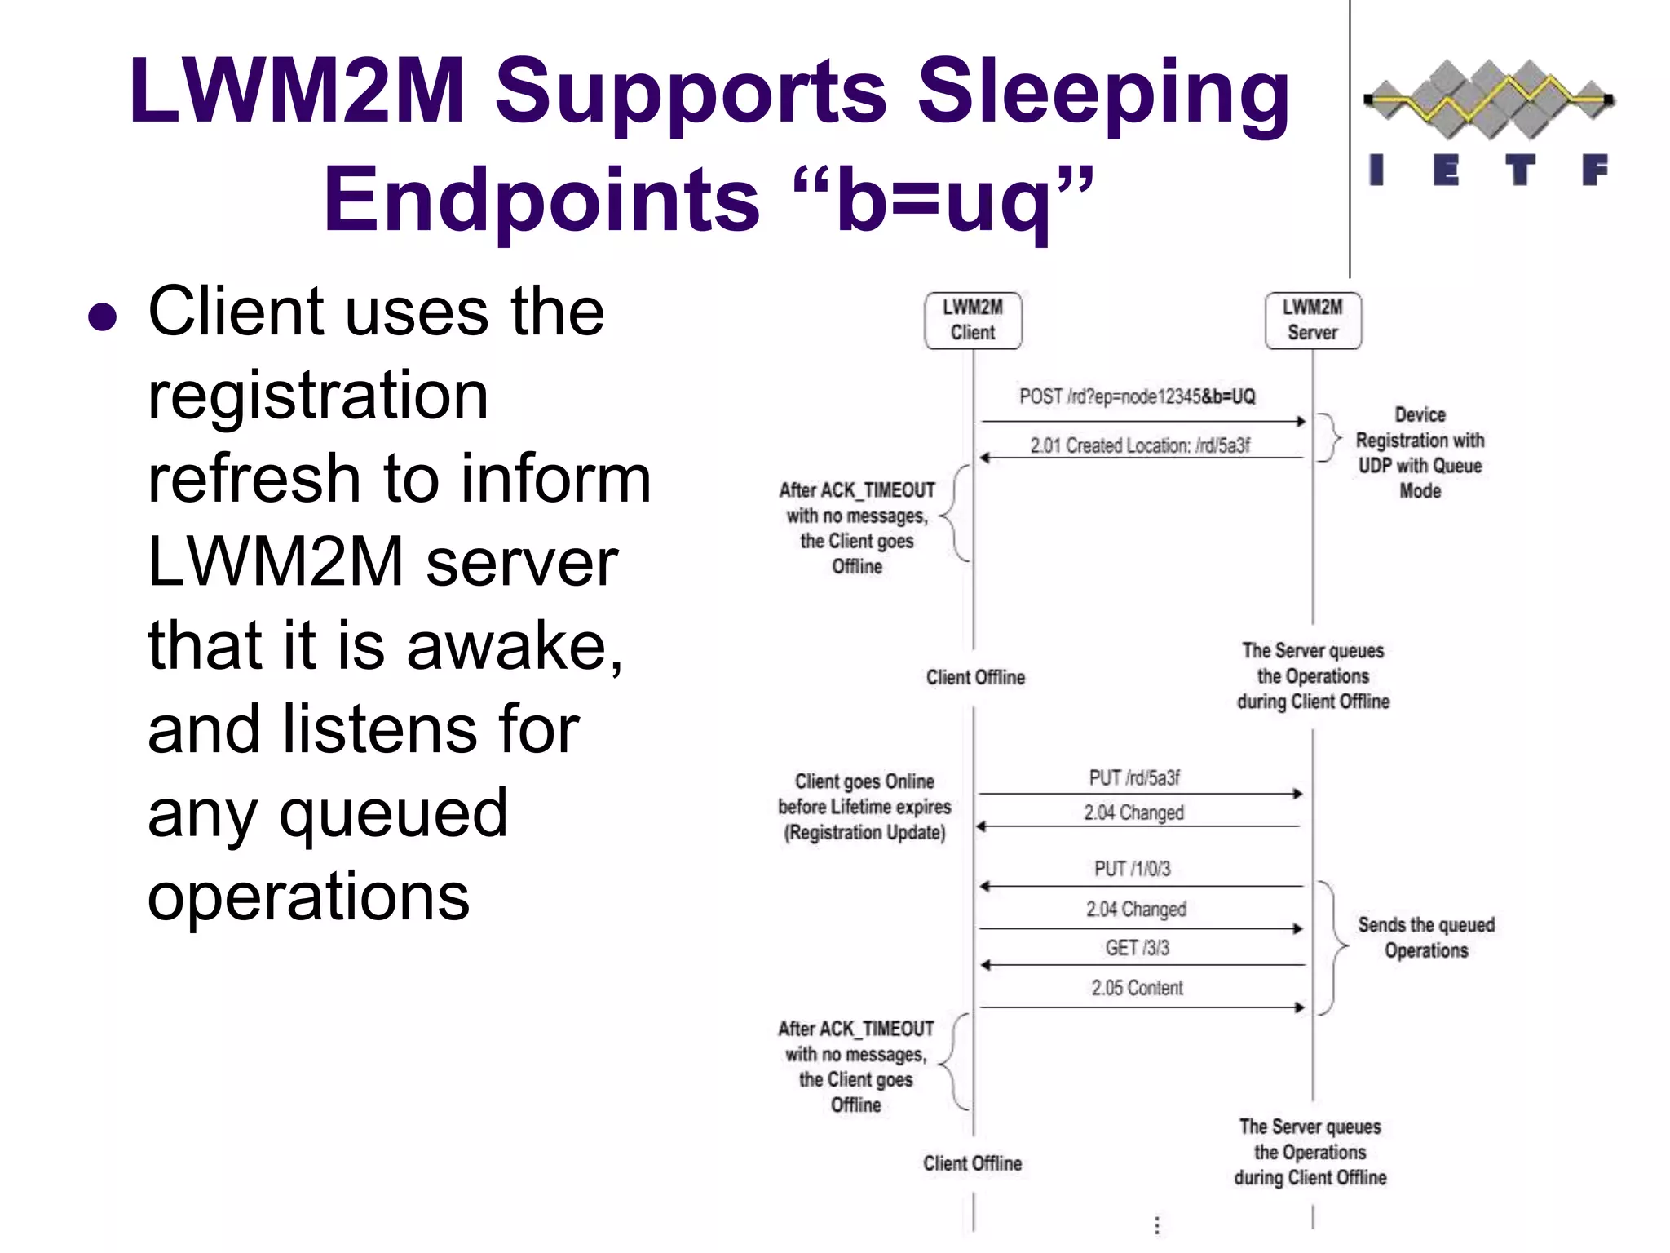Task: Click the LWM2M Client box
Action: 972,321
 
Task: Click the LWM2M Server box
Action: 1312,321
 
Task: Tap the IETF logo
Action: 1489,122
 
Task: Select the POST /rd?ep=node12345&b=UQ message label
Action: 1137,397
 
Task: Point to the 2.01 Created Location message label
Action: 1139,445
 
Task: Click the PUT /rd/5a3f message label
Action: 1134,777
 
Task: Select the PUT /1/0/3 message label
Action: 1132,869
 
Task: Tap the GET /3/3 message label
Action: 1137,948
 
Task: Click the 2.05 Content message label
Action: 1137,988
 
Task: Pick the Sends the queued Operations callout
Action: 1425,937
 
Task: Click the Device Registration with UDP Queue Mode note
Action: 1420,453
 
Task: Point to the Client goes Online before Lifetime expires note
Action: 864,807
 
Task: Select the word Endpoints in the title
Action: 541,199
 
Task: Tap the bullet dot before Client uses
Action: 103,317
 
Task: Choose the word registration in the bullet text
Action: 318,395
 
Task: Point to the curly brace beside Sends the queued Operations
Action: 1334,947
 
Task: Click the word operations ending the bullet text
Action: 308,896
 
